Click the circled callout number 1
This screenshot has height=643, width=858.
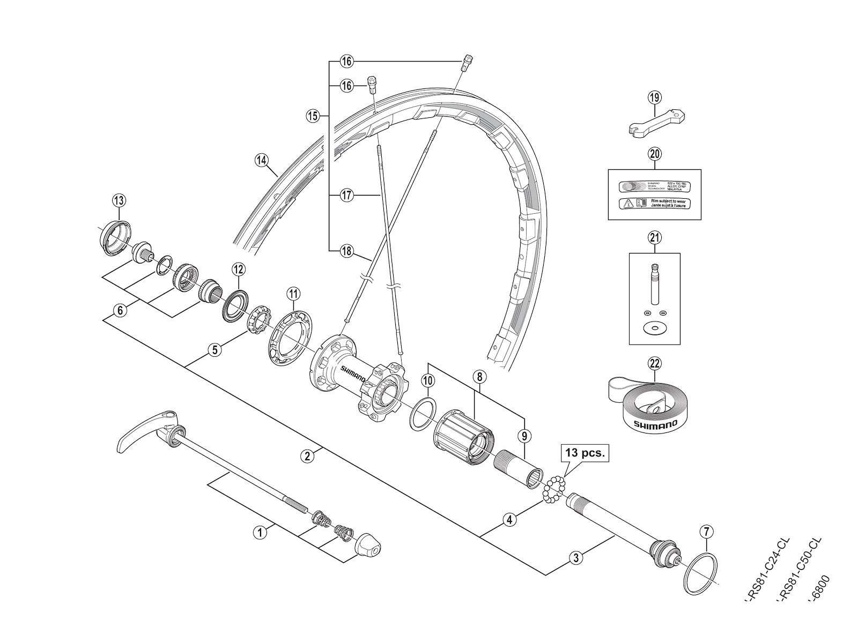click(260, 533)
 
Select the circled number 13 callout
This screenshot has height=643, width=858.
click(119, 200)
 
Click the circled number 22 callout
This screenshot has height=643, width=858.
click(654, 364)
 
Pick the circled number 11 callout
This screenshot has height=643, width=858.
click(293, 293)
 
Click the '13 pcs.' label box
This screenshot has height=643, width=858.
click(585, 453)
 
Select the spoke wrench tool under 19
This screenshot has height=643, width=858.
click(657, 123)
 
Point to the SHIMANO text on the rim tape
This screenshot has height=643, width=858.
click(655, 424)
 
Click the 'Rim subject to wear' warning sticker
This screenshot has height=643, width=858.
click(654, 204)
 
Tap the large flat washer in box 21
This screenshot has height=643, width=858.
click(654, 328)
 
